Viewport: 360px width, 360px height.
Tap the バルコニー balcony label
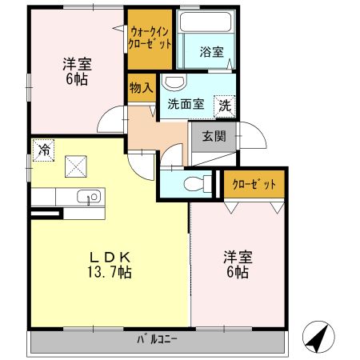pos(158,339)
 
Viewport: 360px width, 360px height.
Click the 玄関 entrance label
pos(214,135)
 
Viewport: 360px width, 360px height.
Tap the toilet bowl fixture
pos(193,183)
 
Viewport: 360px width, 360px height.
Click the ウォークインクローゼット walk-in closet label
pos(150,38)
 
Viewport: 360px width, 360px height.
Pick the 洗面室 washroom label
pos(185,104)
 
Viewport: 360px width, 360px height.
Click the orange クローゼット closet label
pos(254,184)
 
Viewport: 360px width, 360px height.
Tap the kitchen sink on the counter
pos(88,197)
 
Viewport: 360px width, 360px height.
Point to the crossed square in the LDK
pos(77,166)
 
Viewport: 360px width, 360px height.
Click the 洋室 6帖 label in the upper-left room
pos(77,73)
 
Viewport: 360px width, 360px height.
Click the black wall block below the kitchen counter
pos(45,214)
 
